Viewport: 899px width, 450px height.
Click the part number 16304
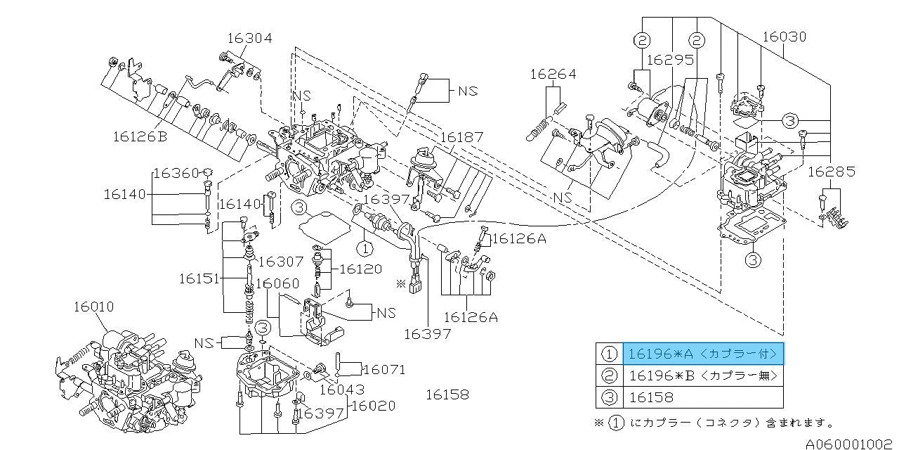(x=248, y=38)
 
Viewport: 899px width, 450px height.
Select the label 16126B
(x=139, y=136)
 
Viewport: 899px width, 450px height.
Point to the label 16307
(x=280, y=262)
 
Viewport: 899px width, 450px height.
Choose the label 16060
(x=277, y=283)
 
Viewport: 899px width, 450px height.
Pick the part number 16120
(x=360, y=269)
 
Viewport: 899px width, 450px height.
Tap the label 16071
(x=384, y=369)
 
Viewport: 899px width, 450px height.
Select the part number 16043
(x=342, y=389)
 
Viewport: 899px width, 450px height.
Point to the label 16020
(x=373, y=406)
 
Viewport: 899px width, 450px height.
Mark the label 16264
(x=553, y=73)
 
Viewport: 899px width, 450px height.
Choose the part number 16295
(x=670, y=60)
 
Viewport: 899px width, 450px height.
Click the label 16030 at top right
(x=783, y=37)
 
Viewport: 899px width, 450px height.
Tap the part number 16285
(x=831, y=171)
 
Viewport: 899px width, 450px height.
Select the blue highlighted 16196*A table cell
(x=702, y=353)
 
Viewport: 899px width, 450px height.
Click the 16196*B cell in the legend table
(x=702, y=375)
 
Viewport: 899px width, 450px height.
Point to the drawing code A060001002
(x=851, y=444)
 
